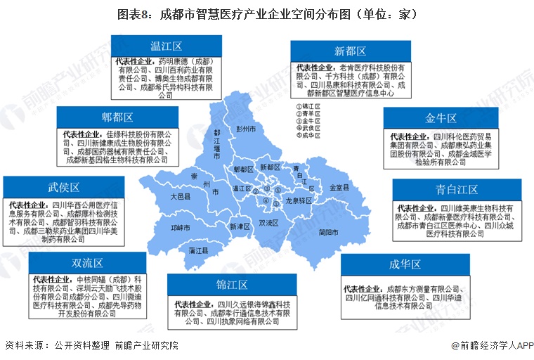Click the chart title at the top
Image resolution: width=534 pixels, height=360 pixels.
click(x=267, y=14)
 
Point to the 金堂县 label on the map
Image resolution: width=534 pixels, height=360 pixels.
click(x=341, y=188)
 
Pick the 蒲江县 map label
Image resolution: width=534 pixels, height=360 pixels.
click(x=190, y=250)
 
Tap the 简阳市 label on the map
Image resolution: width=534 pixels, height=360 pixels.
click(x=328, y=232)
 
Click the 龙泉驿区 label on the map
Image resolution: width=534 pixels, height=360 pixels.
click(x=298, y=200)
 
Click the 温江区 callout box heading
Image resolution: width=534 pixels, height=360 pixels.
click(x=165, y=46)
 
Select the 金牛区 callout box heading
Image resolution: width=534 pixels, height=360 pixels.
click(x=441, y=118)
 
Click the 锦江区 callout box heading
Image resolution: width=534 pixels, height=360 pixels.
click(x=232, y=285)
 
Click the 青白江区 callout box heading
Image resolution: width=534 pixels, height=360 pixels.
click(x=457, y=189)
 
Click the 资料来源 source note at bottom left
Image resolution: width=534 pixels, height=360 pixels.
click(x=91, y=346)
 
